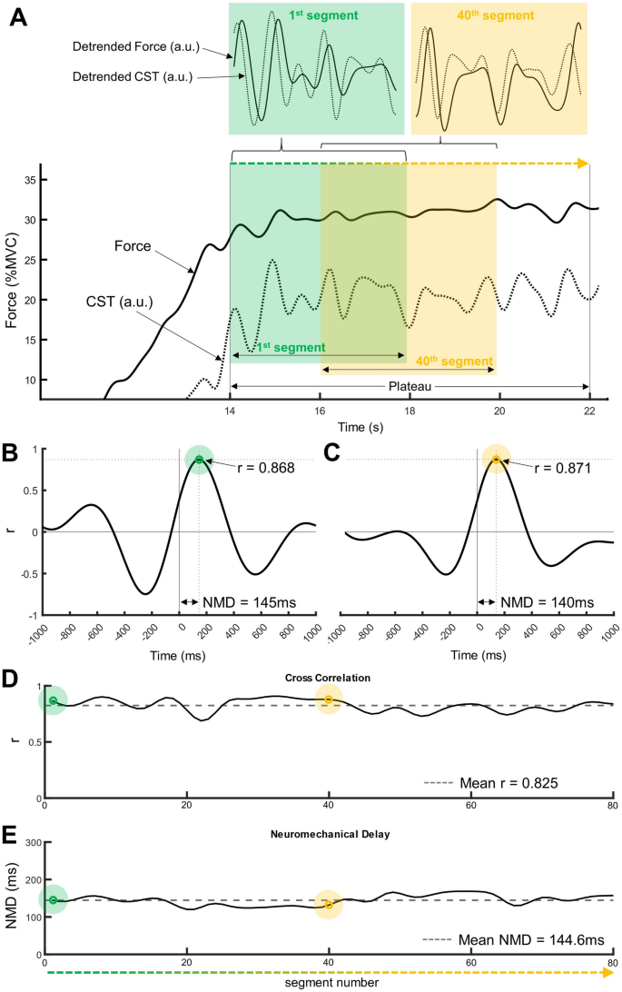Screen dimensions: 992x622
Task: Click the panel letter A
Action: pyautogui.click(x=17, y=16)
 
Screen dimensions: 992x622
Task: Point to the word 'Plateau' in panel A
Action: pyautogui.click(x=410, y=386)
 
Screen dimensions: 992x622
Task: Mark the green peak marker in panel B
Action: pyautogui.click(x=199, y=460)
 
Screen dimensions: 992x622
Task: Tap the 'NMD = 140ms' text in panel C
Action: pyautogui.click(x=548, y=602)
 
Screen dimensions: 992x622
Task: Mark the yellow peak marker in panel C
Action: pyautogui.click(x=496, y=460)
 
